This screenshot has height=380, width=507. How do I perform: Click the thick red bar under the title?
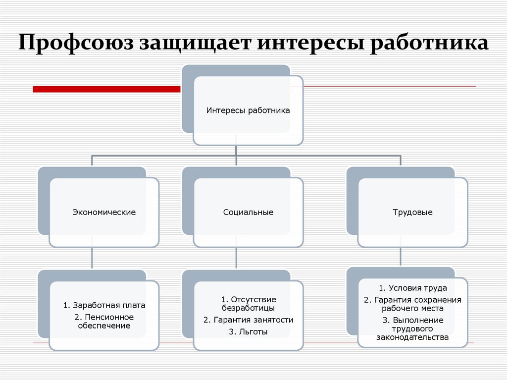point(106,89)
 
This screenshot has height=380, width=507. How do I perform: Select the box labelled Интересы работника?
point(248,111)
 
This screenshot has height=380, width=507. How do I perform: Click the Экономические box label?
point(104,212)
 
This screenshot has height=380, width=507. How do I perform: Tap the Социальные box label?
point(248,212)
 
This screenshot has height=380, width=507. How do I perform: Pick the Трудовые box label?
point(412,212)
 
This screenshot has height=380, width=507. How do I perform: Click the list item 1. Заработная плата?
point(104,305)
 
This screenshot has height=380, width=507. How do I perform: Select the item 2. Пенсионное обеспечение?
point(104,321)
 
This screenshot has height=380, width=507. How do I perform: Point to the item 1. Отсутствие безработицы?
point(248,304)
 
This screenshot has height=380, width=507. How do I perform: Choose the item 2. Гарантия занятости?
point(248,320)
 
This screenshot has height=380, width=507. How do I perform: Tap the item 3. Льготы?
point(248,332)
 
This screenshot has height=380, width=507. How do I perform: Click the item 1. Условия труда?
point(412,288)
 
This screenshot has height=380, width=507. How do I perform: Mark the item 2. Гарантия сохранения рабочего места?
point(412,304)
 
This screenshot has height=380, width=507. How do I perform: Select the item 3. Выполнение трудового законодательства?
point(412,328)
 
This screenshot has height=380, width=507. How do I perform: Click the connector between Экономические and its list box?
point(92,259)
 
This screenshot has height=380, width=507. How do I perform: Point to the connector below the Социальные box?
point(236,259)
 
